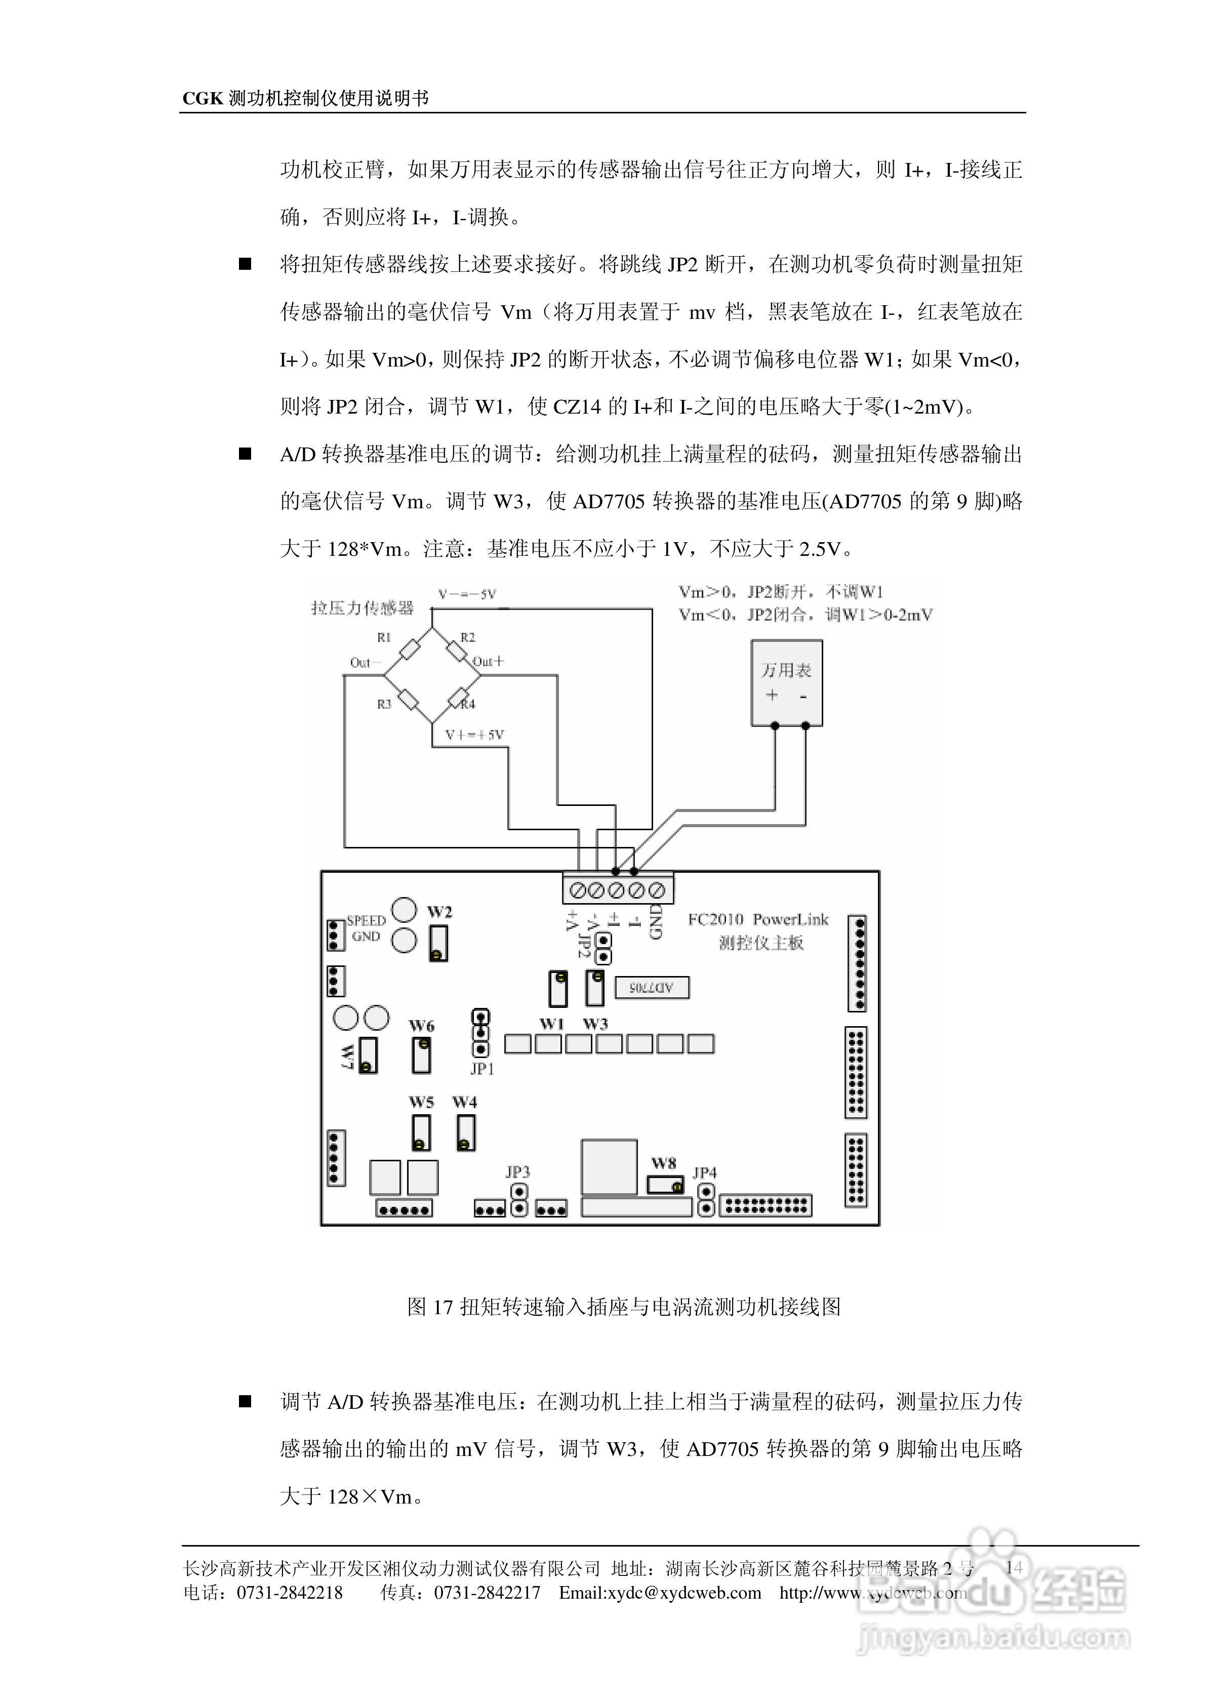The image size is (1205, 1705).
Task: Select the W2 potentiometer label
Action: point(439,911)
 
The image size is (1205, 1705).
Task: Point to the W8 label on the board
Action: point(663,1163)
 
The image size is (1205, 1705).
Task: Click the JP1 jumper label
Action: point(481,1069)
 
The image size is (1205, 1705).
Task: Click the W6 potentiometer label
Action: point(421,1026)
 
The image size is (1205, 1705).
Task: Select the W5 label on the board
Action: point(421,1102)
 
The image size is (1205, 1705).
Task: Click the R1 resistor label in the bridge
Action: point(383,637)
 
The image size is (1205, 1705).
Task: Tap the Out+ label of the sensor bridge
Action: point(488,661)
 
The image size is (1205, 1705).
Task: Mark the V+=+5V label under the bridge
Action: point(474,735)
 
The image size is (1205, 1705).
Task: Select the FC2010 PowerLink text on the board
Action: point(758,919)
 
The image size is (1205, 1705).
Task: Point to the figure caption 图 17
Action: point(623,1307)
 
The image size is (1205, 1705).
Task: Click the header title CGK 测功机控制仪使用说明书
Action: point(305,98)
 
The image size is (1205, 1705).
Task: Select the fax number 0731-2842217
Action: point(487,1593)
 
